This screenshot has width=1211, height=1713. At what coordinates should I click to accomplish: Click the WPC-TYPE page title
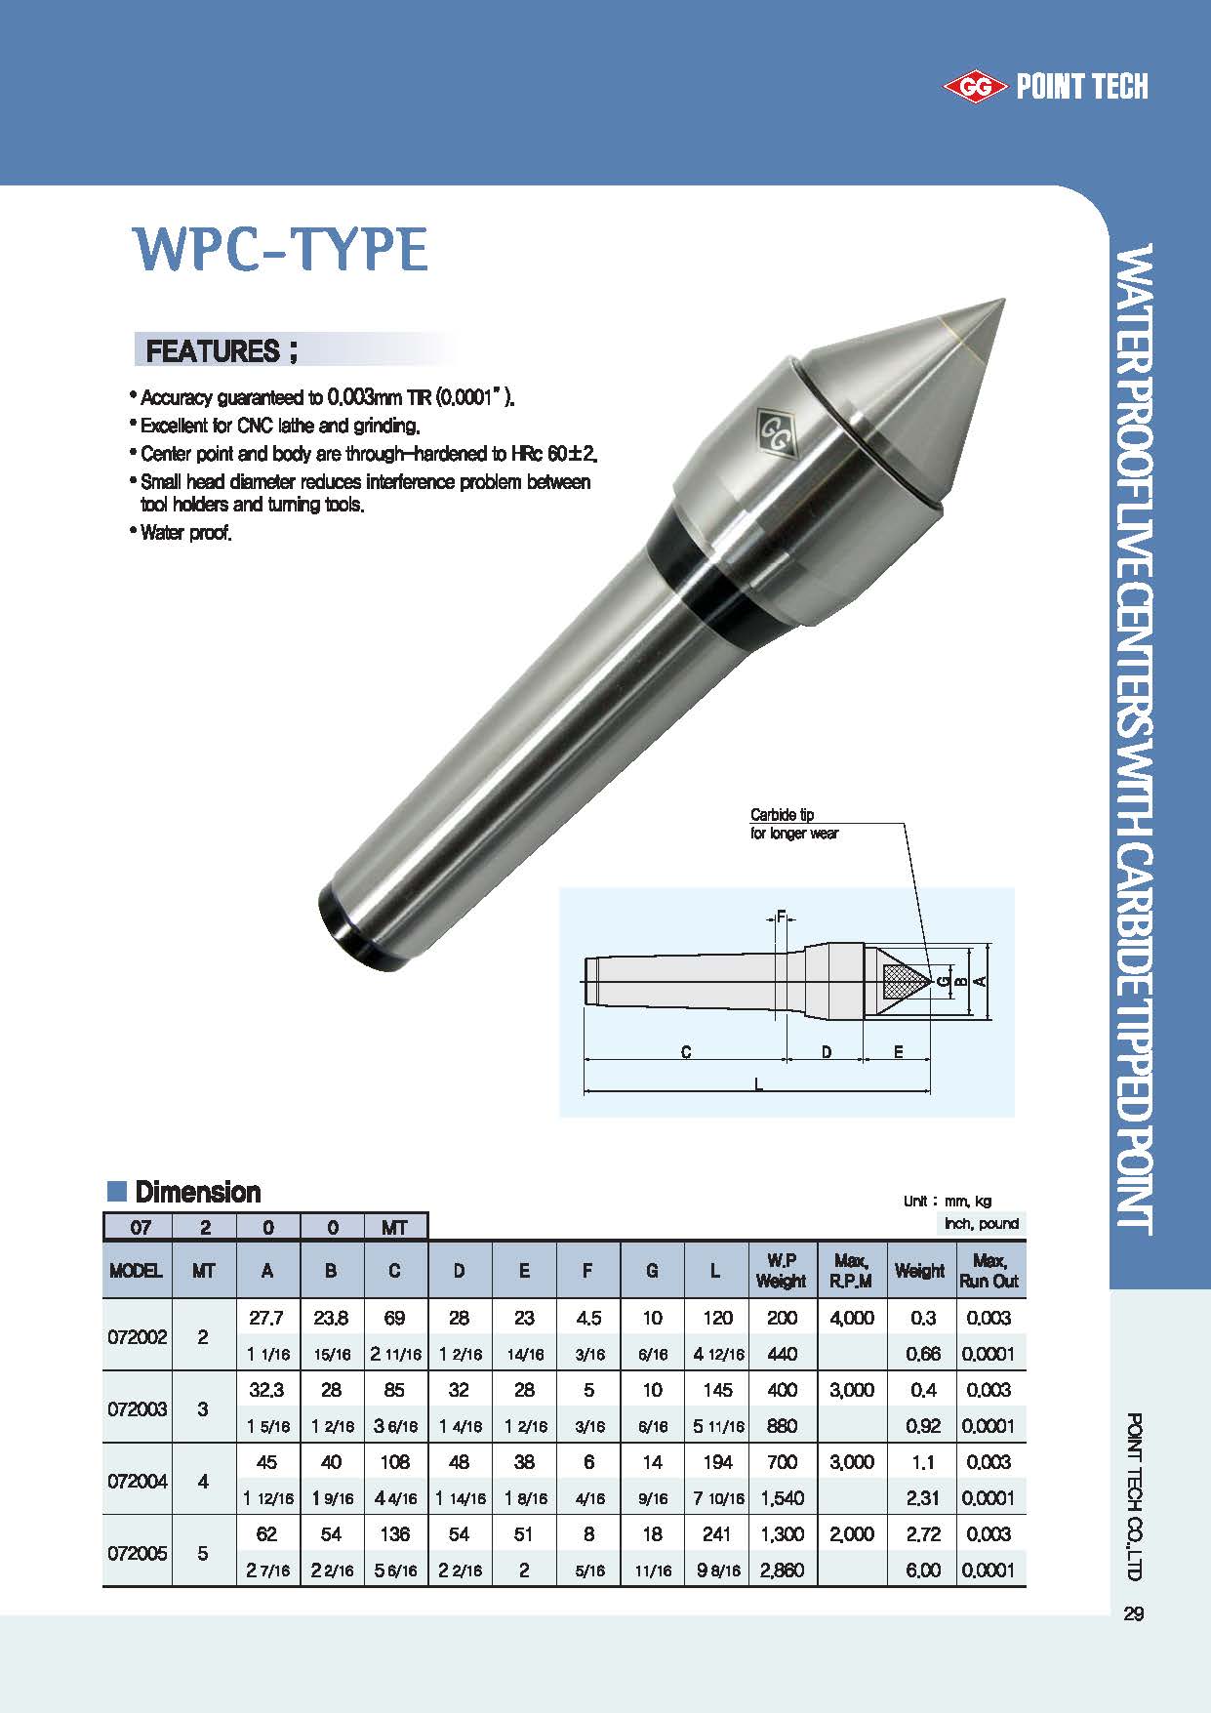[280, 250]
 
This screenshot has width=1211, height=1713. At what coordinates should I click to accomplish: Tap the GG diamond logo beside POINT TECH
[974, 88]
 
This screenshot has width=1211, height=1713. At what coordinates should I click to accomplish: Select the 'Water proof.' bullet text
[185, 533]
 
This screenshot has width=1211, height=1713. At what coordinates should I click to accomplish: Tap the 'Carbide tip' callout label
[782, 814]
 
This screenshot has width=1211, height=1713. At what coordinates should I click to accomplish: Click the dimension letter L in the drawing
[759, 1084]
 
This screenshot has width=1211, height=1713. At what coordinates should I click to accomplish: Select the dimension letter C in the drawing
[686, 1051]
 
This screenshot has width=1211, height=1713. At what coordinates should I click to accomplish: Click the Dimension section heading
[197, 1192]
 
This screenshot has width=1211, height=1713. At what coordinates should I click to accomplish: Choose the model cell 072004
[137, 1481]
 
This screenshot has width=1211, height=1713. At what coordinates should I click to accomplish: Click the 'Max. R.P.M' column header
[852, 1271]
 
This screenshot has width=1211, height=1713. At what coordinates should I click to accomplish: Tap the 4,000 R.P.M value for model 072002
[852, 1318]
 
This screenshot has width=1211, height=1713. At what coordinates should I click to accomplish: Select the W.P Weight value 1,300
[782, 1533]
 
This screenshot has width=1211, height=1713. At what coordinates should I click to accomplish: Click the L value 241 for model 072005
[716, 1533]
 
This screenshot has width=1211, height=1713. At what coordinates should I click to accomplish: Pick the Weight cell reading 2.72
[922, 1533]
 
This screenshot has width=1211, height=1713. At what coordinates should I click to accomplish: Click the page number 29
[1133, 1613]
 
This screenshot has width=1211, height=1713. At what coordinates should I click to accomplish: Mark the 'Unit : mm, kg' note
[947, 1202]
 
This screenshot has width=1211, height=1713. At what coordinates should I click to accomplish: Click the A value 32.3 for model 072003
[266, 1390]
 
